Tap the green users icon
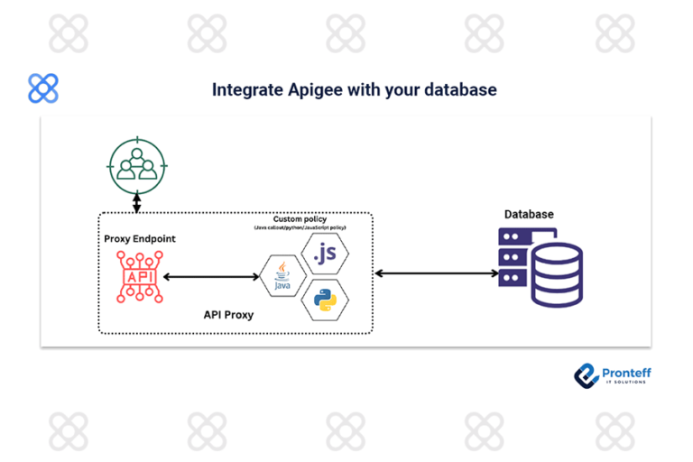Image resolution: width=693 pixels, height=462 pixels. pyautogui.click(x=135, y=165)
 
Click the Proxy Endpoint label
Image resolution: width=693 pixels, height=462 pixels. pyautogui.click(x=140, y=239)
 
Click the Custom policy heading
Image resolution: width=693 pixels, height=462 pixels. pyautogui.click(x=300, y=219)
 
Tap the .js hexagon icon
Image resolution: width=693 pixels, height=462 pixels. pyautogui.click(x=324, y=254)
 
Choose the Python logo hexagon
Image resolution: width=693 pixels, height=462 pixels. pyautogui.click(x=325, y=299)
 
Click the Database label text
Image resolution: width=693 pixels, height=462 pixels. pyautogui.click(x=528, y=214)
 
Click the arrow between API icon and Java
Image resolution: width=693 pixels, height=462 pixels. pyautogui.click(x=208, y=275)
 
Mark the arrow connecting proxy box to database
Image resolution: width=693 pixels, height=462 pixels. pyautogui.click(x=435, y=273)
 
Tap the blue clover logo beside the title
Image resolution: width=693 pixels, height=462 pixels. pyautogui.click(x=43, y=88)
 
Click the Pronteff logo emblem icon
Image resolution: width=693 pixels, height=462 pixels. pyautogui.click(x=587, y=375)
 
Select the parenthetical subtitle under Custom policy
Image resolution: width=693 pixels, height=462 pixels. pyautogui.click(x=300, y=227)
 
